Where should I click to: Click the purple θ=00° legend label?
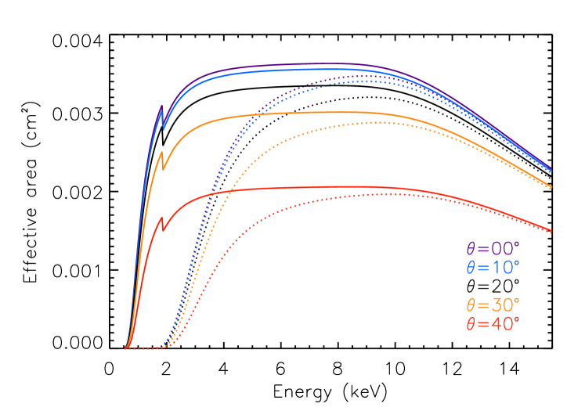(x=493, y=249)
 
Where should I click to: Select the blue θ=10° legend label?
(x=493, y=267)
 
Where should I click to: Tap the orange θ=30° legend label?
(x=493, y=304)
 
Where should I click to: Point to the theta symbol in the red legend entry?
(x=471, y=323)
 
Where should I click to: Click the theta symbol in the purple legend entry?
(x=471, y=249)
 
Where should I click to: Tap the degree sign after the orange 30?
(x=517, y=300)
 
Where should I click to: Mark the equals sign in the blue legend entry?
(x=482, y=268)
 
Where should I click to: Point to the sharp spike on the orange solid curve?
(x=161, y=152)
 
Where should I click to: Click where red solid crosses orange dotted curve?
(x=217, y=192)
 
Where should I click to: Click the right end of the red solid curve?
(x=552, y=232)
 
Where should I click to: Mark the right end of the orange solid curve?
(x=552, y=188)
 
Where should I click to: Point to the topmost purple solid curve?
(x=313, y=64)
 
